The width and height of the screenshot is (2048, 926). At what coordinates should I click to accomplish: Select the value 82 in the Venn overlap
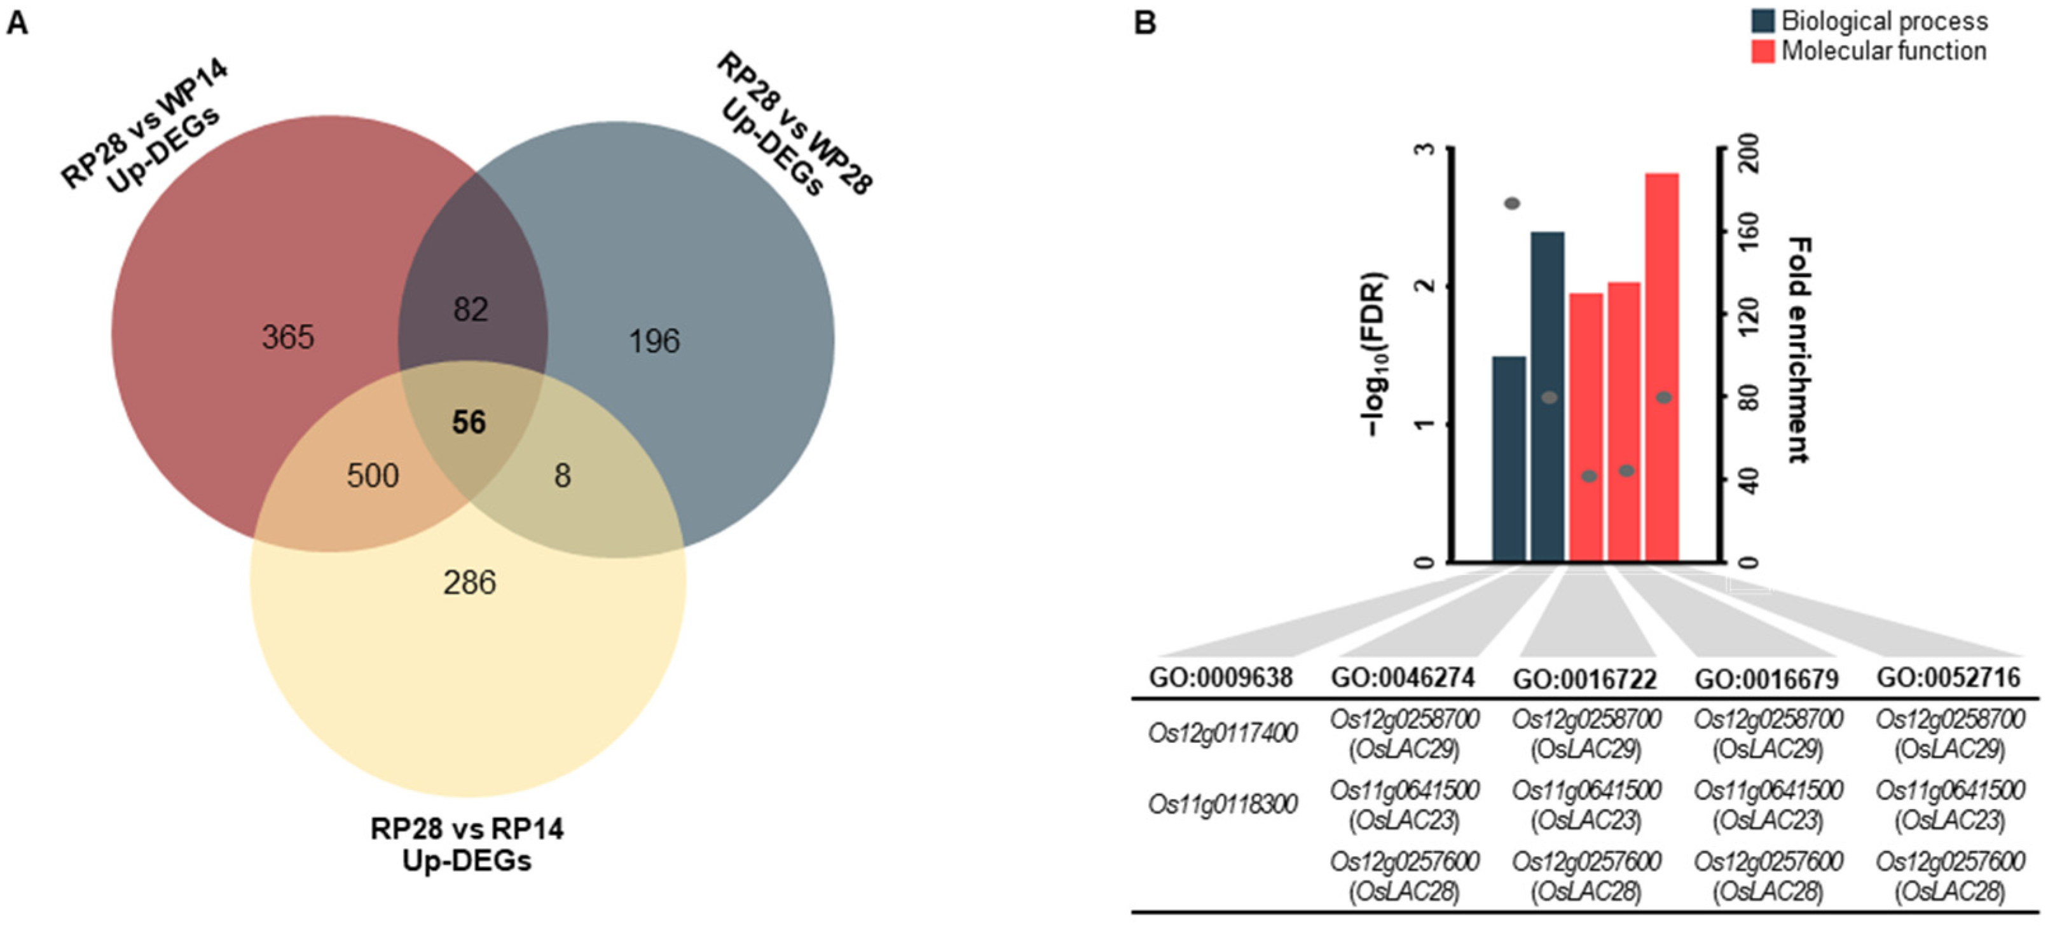471,310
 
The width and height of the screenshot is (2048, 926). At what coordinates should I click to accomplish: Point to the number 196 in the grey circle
654,342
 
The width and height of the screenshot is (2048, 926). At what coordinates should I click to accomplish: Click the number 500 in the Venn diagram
373,475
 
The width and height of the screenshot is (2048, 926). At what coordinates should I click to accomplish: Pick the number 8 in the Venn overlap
562,475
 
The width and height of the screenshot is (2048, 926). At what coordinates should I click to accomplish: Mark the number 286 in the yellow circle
469,583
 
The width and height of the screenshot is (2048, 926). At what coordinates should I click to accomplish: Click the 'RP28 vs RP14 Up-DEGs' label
467,844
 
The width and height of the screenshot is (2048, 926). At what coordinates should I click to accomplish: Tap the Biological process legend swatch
1763,21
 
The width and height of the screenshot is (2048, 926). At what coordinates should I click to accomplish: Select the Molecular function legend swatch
1763,51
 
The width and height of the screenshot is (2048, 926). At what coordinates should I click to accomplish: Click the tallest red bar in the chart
1661,365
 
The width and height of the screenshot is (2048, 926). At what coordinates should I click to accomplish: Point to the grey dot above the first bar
1511,203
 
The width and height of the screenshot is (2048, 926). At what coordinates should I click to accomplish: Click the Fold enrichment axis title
1798,350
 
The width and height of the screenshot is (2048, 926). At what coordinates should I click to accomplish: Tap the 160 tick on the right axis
1749,232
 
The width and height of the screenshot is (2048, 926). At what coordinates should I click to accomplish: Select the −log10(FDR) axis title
1375,354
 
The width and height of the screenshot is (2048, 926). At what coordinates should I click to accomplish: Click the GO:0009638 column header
1220,677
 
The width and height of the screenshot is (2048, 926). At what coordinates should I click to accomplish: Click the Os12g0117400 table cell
1222,733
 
